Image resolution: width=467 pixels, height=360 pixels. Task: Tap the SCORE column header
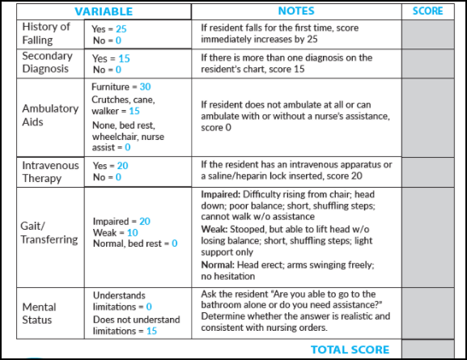click(x=427, y=11)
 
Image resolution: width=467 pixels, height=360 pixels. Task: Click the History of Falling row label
click(x=47, y=33)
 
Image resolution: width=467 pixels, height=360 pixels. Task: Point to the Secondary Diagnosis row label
click(x=47, y=62)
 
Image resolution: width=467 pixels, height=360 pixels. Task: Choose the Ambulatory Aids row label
click(x=50, y=115)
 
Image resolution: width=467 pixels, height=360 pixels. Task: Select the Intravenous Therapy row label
click(x=51, y=171)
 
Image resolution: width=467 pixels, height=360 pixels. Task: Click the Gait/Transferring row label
click(x=50, y=233)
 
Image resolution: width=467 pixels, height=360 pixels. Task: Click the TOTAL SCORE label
click(x=350, y=350)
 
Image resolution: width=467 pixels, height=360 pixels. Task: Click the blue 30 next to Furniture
click(x=145, y=87)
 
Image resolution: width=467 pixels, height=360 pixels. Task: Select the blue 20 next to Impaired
click(x=144, y=221)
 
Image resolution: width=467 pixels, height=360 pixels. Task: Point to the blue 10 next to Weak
click(x=132, y=232)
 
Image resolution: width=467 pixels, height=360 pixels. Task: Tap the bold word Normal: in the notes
click(x=219, y=264)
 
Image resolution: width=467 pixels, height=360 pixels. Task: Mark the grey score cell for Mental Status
click(x=427, y=313)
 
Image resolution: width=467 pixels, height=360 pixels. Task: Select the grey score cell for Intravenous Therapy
click(x=427, y=171)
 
